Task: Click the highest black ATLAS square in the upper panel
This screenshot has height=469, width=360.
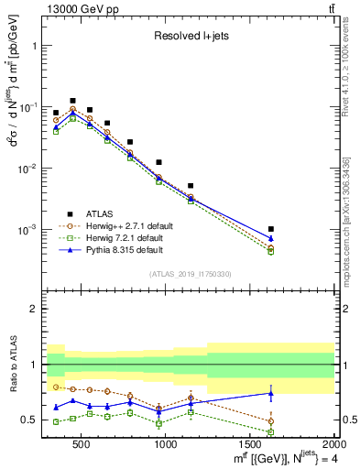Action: coord(73,101)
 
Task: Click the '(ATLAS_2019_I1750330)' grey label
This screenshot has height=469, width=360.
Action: coord(190,274)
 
